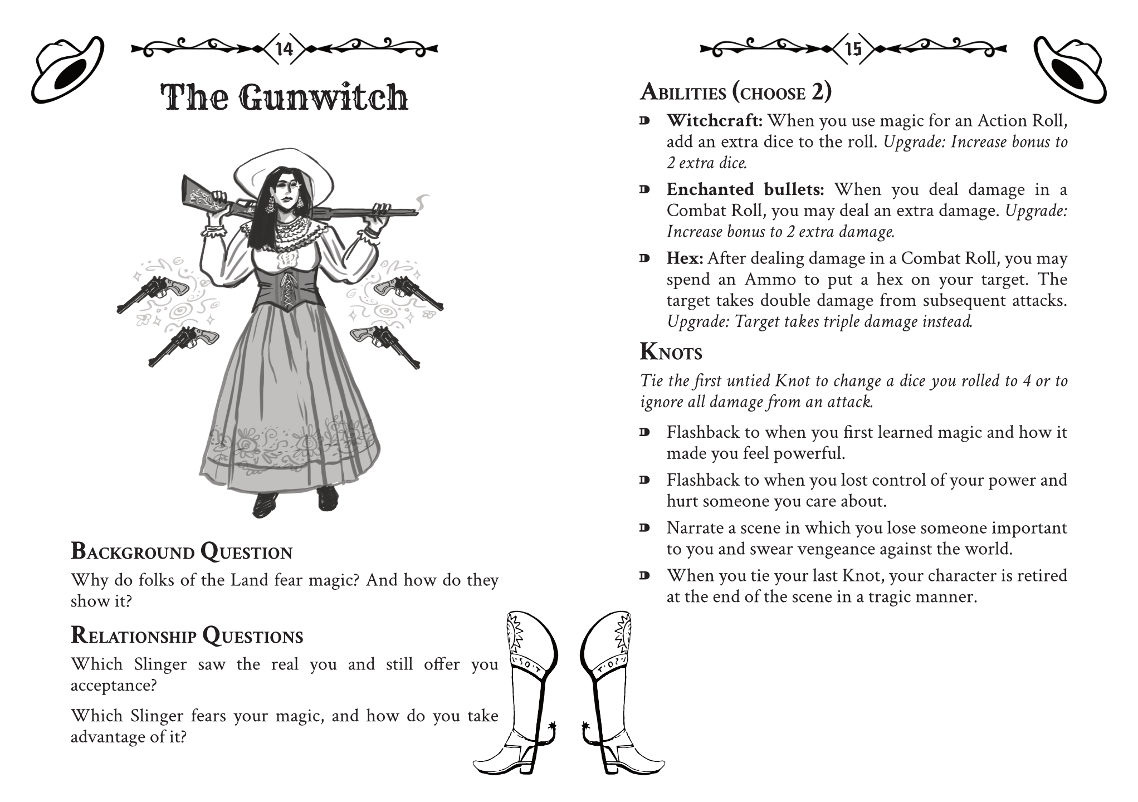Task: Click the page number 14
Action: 284,49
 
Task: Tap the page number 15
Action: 853,49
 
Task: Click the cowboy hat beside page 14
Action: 67,70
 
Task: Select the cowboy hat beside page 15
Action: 1069,70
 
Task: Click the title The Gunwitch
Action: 284,97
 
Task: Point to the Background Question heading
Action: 182,551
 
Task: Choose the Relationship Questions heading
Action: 187,635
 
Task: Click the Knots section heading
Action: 671,352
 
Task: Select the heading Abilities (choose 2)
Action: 735,92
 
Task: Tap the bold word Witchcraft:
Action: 714,120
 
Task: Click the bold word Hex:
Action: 685,258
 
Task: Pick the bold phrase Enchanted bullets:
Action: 745,189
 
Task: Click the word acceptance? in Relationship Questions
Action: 114,685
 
